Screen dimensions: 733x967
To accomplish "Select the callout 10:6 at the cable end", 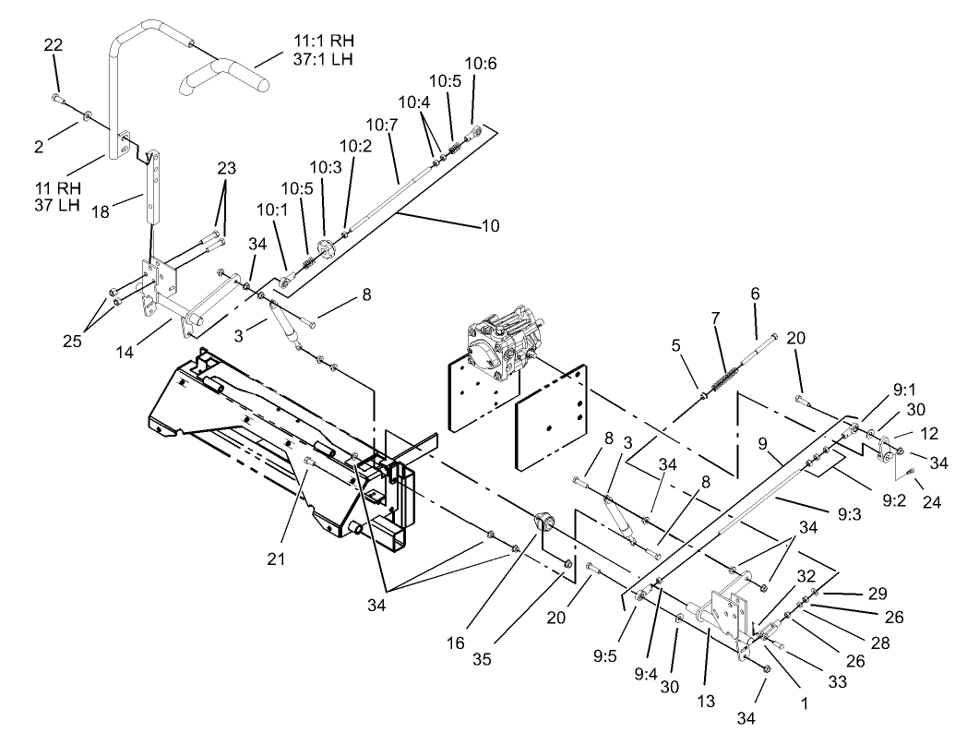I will pyautogui.click(x=480, y=64).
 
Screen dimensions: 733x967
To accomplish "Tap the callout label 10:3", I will pyautogui.click(x=325, y=167).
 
